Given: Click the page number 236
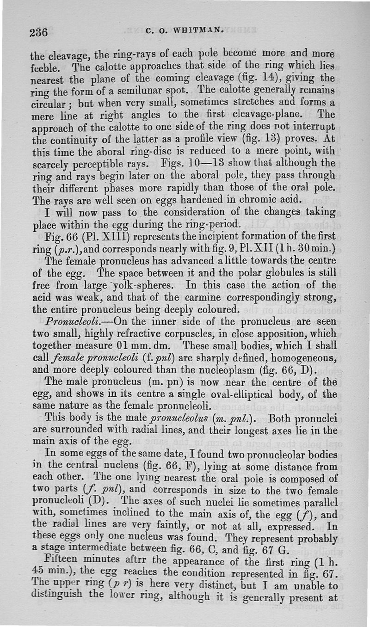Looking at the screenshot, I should coord(39,33).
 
